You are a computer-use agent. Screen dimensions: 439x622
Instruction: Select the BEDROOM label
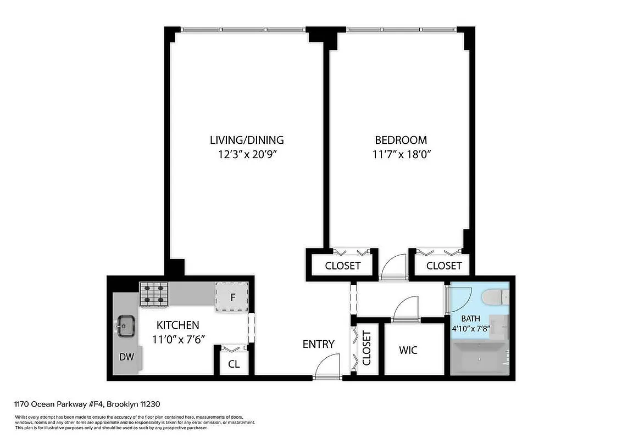point(401,139)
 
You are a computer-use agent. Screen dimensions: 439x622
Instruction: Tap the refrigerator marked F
point(233,298)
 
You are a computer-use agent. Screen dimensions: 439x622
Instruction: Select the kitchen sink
point(126,325)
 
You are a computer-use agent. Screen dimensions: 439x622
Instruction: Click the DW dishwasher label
point(127,357)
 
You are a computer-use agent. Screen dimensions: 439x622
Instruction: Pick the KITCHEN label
point(178,325)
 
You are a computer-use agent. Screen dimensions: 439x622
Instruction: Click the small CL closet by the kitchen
point(234,364)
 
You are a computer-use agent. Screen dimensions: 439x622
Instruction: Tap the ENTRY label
point(318,344)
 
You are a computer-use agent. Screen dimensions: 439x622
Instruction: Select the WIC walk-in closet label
point(409,350)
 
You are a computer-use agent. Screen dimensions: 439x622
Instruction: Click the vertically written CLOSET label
point(366,348)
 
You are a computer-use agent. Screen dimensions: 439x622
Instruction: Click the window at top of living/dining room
point(243,29)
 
